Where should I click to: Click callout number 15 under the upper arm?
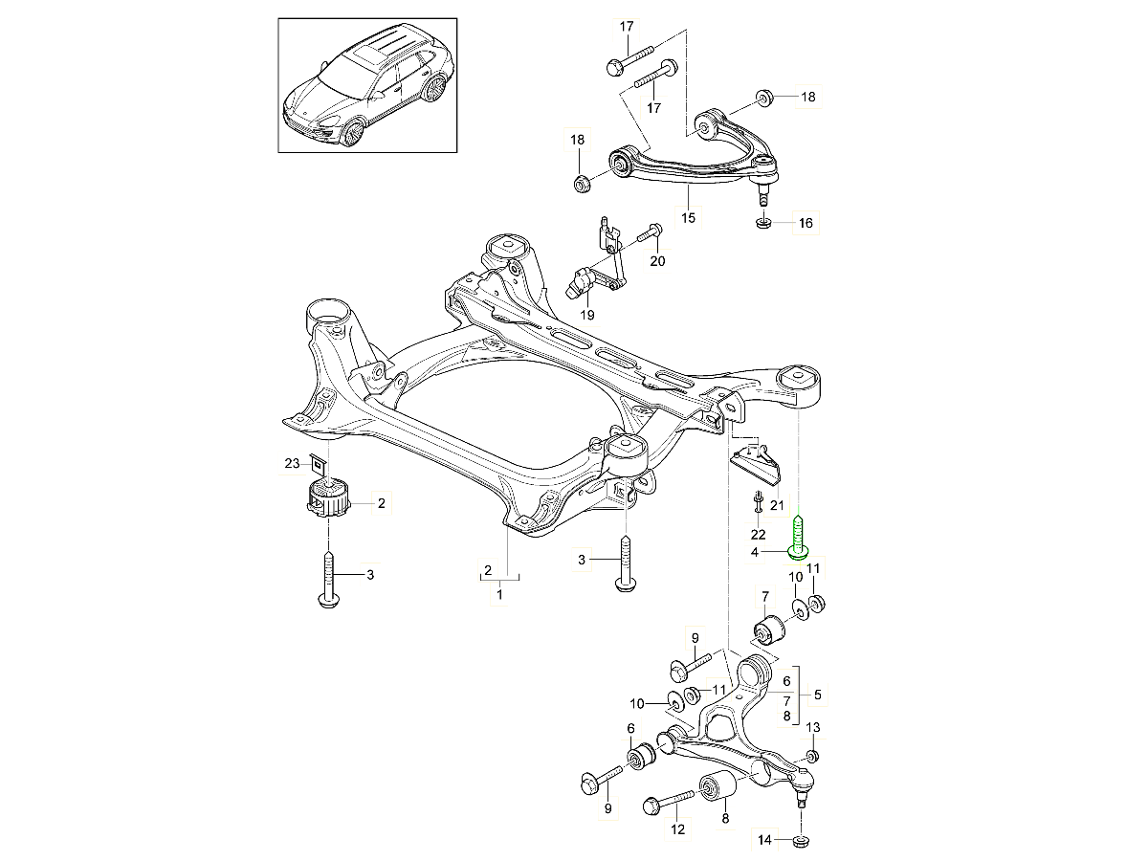(x=688, y=218)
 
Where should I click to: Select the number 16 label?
(x=805, y=224)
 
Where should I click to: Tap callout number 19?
(x=586, y=314)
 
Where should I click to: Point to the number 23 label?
(x=292, y=463)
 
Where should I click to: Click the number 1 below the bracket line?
(x=498, y=595)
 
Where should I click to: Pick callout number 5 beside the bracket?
(x=816, y=695)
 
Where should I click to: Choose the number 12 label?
(x=677, y=829)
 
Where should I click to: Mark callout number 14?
(x=763, y=842)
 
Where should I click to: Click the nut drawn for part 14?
(x=802, y=842)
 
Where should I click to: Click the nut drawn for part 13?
(x=811, y=757)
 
